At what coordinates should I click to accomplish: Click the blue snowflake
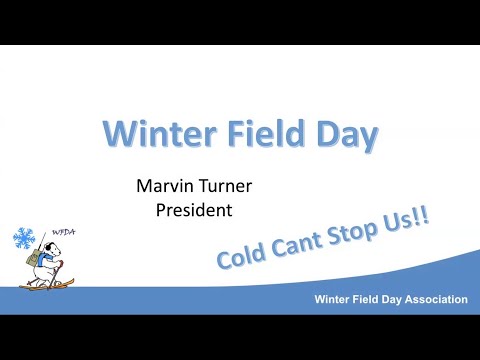[23, 239]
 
